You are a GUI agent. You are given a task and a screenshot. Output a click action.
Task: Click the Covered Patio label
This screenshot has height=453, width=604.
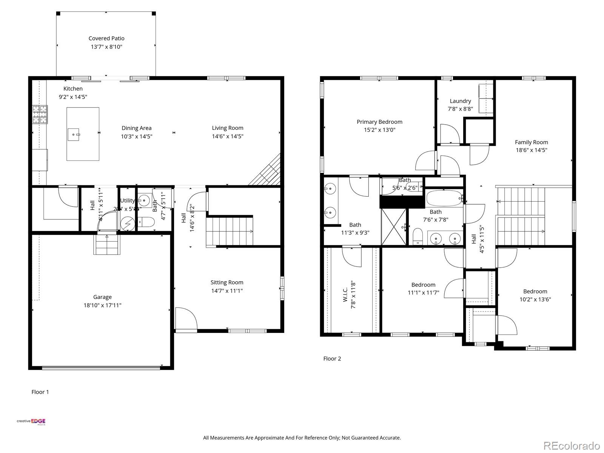[106, 38]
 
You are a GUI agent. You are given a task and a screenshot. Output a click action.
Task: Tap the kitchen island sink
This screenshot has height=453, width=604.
[74, 134]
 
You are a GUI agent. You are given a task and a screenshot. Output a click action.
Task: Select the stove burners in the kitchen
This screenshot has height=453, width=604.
[40, 114]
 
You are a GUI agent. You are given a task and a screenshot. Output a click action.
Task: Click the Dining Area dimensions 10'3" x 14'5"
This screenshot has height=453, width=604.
[136, 136]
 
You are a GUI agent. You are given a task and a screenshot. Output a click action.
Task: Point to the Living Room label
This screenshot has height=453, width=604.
[227, 128]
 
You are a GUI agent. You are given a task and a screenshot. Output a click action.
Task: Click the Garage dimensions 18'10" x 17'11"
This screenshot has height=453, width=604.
[102, 305]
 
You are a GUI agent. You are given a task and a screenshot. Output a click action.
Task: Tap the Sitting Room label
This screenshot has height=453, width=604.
[226, 282]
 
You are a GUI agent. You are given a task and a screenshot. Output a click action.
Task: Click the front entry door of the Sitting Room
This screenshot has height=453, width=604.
[186, 319]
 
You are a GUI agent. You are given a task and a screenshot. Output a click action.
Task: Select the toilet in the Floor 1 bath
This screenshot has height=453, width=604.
[146, 222]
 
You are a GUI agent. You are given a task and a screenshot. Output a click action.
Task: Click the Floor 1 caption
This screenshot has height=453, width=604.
[40, 392]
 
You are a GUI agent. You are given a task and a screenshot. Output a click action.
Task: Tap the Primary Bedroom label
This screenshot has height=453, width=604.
[379, 122]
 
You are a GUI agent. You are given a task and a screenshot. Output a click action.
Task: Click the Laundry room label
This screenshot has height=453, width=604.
[460, 101]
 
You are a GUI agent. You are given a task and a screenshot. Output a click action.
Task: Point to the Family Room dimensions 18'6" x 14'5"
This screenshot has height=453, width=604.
[531, 150]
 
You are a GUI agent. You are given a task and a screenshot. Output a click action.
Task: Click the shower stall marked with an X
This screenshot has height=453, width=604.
[394, 226]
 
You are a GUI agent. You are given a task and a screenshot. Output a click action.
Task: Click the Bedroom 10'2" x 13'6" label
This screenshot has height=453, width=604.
[535, 291]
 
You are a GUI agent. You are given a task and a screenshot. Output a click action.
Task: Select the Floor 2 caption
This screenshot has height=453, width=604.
[332, 358]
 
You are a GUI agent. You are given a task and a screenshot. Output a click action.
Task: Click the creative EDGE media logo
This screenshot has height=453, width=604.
[31, 422]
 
